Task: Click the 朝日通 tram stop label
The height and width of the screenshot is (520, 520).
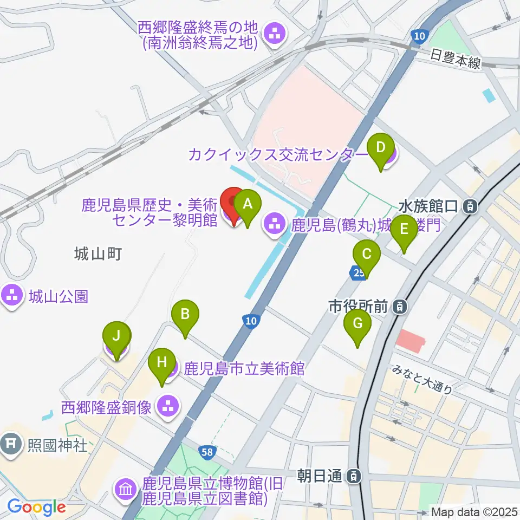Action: (321, 476)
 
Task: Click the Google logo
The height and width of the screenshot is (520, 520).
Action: (36, 508)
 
